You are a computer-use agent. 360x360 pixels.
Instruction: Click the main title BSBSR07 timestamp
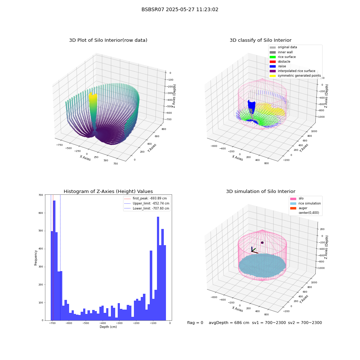pyautogui.click(x=180, y=10)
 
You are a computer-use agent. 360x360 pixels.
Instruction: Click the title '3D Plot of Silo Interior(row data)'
pyautogui.click(x=108, y=40)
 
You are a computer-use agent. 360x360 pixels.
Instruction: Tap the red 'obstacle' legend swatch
pyautogui.click(x=273, y=62)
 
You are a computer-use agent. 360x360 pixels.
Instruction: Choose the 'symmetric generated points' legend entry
pyautogui.click(x=295, y=76)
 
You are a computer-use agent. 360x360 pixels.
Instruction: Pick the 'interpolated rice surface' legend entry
pyautogui.click(x=292, y=71)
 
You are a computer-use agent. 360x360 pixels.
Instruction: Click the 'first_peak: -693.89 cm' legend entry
pyautogui.click(x=145, y=198)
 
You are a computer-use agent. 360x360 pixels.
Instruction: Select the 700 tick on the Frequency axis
pyautogui.click(x=41, y=195)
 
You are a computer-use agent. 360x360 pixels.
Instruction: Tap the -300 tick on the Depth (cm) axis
pyautogui.click(x=119, y=323)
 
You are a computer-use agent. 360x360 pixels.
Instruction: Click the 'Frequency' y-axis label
pyautogui.click(x=36, y=258)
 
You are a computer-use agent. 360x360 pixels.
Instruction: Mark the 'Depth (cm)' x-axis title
pyautogui.click(x=108, y=327)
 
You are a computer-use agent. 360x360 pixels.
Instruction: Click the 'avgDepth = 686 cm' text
pyautogui.click(x=229, y=323)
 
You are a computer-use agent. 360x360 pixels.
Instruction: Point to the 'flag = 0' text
pyautogui.click(x=195, y=323)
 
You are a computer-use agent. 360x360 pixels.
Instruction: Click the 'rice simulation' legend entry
pyautogui.click(x=305, y=203)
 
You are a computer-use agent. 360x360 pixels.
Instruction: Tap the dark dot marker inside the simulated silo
pyautogui.click(x=262, y=243)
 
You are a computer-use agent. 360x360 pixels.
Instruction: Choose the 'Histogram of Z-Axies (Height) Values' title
pyautogui.click(x=108, y=192)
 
